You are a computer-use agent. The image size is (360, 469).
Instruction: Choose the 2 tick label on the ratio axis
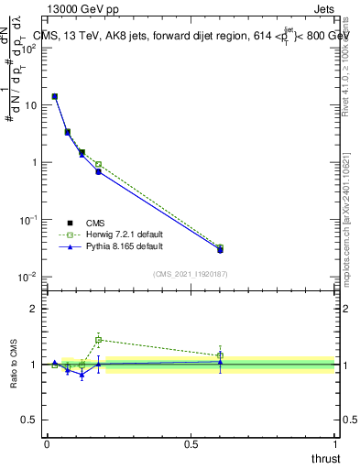35,309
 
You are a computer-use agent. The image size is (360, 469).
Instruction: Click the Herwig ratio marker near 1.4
98,340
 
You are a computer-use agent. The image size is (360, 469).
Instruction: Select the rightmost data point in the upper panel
220,249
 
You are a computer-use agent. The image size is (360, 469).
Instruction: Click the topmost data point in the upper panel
55,96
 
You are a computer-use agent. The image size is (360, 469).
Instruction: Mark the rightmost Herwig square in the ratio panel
220,355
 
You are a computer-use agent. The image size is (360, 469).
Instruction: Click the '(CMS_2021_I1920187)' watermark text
190,273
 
